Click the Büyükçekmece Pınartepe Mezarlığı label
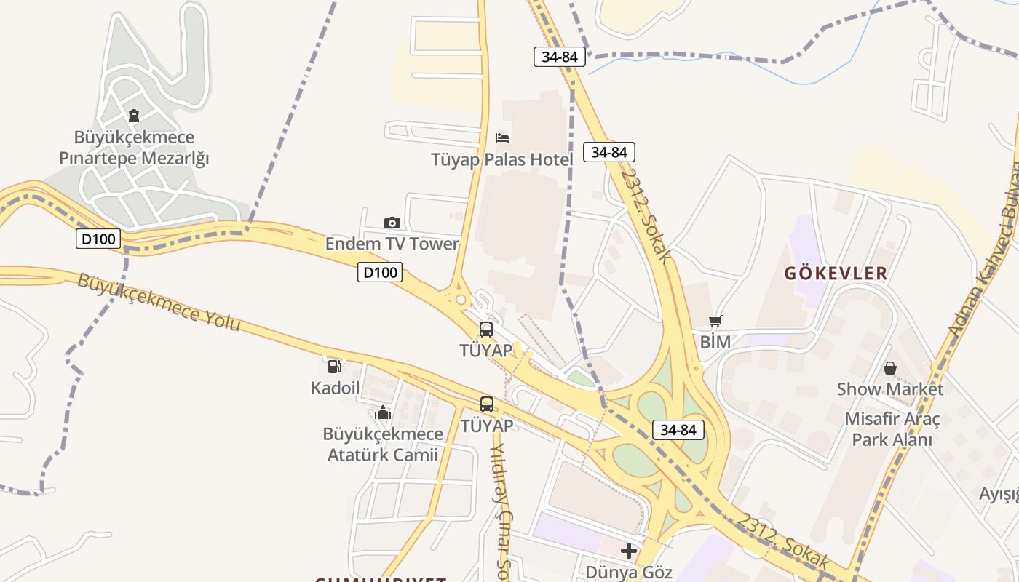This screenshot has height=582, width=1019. coord(134,148)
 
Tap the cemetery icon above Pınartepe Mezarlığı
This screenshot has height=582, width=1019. coord(134,115)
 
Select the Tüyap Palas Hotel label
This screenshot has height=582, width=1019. coord(502,159)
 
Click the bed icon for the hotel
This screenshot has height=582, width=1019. coord(502,137)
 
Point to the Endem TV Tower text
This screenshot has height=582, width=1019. coord(392,244)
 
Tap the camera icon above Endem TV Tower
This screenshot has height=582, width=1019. coord(392,223)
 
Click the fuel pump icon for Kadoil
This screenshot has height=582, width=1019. coord(335,367)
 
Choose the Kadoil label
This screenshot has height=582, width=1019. coord(335,388)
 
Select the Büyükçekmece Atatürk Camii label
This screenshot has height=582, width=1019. coord(383,445)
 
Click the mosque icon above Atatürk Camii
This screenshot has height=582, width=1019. coord(383,414)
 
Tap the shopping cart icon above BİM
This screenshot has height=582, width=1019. coord(715,321)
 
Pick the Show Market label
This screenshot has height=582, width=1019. coord(889,389)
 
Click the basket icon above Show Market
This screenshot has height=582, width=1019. coord(889,368)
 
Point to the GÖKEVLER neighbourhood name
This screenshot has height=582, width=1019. coord(836,274)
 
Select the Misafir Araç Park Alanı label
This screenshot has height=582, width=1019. coord(892,430)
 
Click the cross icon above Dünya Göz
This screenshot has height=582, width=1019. coord(629,551)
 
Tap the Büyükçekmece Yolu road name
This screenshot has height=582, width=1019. coord(159,302)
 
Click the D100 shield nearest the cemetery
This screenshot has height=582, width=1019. coord(98,239)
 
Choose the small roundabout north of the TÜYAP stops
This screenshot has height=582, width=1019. coord(459,298)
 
